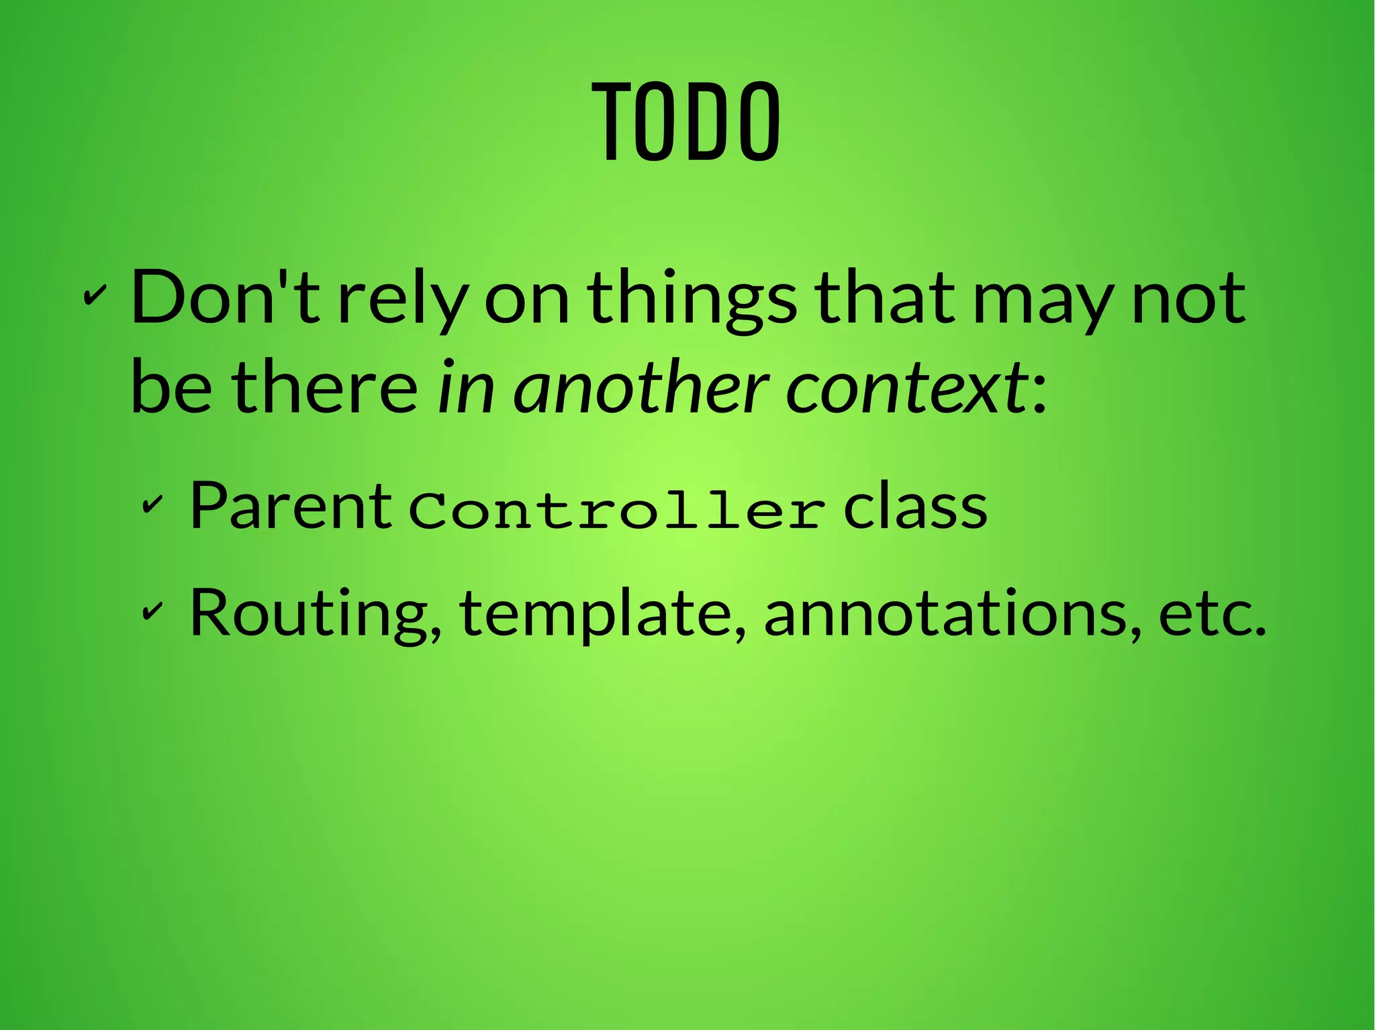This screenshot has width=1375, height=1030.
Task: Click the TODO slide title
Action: tap(686, 122)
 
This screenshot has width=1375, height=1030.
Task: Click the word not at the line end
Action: tap(1188, 297)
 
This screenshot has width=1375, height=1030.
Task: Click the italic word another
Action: tap(641, 388)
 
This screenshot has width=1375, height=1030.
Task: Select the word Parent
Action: tap(290, 506)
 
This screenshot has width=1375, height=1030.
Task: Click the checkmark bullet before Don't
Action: tap(95, 295)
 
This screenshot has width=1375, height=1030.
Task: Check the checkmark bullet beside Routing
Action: tap(152, 609)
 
